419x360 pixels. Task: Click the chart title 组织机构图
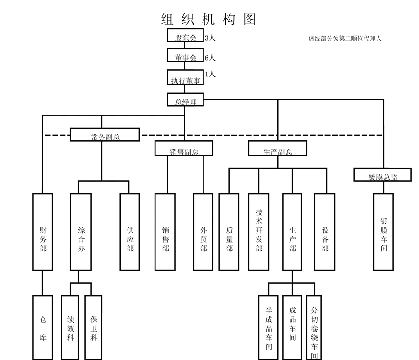208,19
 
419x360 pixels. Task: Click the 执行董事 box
185,78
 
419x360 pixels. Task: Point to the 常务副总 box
105,135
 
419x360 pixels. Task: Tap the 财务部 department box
42,231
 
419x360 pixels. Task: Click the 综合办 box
81,231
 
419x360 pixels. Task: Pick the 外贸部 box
203,231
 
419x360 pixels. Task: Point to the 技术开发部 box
259,231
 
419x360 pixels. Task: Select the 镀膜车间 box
384,231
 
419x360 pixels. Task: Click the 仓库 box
42,327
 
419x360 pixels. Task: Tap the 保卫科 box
94,327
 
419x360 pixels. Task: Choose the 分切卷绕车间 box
315,328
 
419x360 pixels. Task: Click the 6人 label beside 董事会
210,58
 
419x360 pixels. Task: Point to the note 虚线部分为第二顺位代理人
345,39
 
